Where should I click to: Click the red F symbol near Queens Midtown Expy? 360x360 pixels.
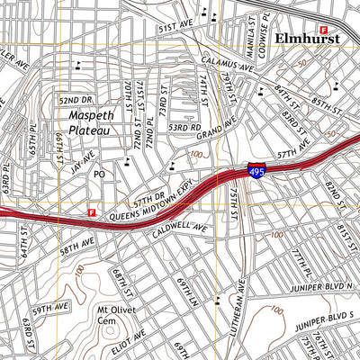coord(91,212)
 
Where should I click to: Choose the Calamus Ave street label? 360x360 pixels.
coord(225,65)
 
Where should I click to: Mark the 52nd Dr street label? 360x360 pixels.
coord(76,99)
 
